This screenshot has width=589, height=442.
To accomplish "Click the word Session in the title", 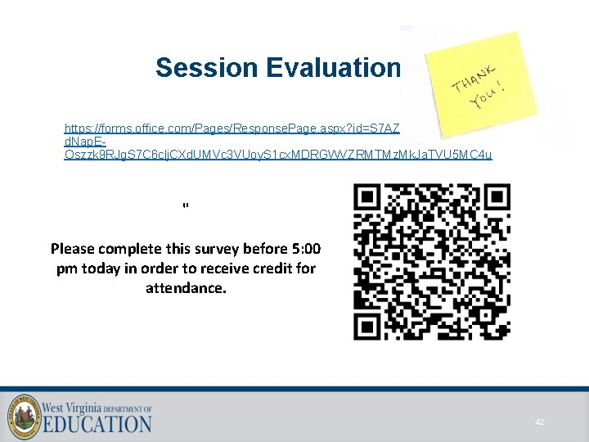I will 206,67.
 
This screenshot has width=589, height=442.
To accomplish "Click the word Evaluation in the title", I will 333,67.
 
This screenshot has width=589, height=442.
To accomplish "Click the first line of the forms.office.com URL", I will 232,129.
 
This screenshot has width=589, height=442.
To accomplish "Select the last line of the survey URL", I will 278,155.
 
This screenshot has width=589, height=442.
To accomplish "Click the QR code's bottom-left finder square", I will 371,322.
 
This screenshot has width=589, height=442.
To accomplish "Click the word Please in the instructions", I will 73,249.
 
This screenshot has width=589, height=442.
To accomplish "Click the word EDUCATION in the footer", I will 97,423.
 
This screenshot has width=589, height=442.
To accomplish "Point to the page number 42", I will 540,422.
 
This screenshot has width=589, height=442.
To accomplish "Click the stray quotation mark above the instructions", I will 186,205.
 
